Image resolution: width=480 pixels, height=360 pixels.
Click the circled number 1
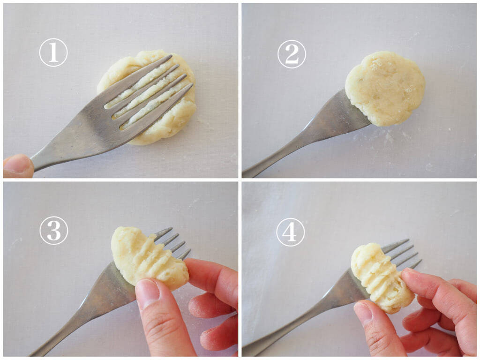point(53,52)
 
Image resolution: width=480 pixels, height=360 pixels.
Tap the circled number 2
point(292,54)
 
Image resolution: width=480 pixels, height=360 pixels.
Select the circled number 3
point(53,230)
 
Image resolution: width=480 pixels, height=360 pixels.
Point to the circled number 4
point(291,232)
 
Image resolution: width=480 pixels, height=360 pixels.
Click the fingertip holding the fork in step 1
point(18,166)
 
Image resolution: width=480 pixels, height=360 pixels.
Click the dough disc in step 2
point(385,88)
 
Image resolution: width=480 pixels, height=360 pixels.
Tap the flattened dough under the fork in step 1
point(147,97)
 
